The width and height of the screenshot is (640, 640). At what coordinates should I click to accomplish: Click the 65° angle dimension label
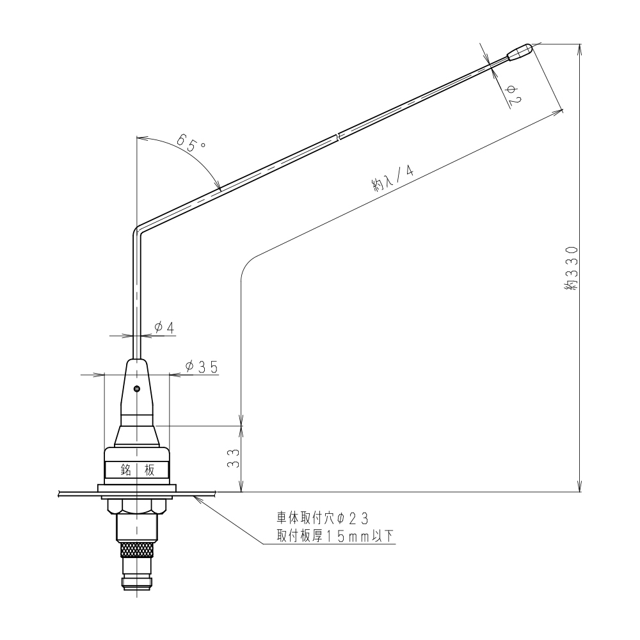190,142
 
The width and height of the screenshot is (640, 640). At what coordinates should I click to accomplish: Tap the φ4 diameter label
164,328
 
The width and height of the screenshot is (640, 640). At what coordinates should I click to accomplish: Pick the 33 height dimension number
234,457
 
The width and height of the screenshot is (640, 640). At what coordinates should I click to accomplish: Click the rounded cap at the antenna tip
520,52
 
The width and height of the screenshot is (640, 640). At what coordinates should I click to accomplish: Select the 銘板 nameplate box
137,470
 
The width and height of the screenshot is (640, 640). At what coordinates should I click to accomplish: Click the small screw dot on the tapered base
136,388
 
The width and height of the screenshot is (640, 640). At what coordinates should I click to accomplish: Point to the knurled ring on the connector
137,548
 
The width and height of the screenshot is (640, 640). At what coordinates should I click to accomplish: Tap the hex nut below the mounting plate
137,506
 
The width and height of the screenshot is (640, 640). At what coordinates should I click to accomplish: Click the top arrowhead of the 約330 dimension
580,47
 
